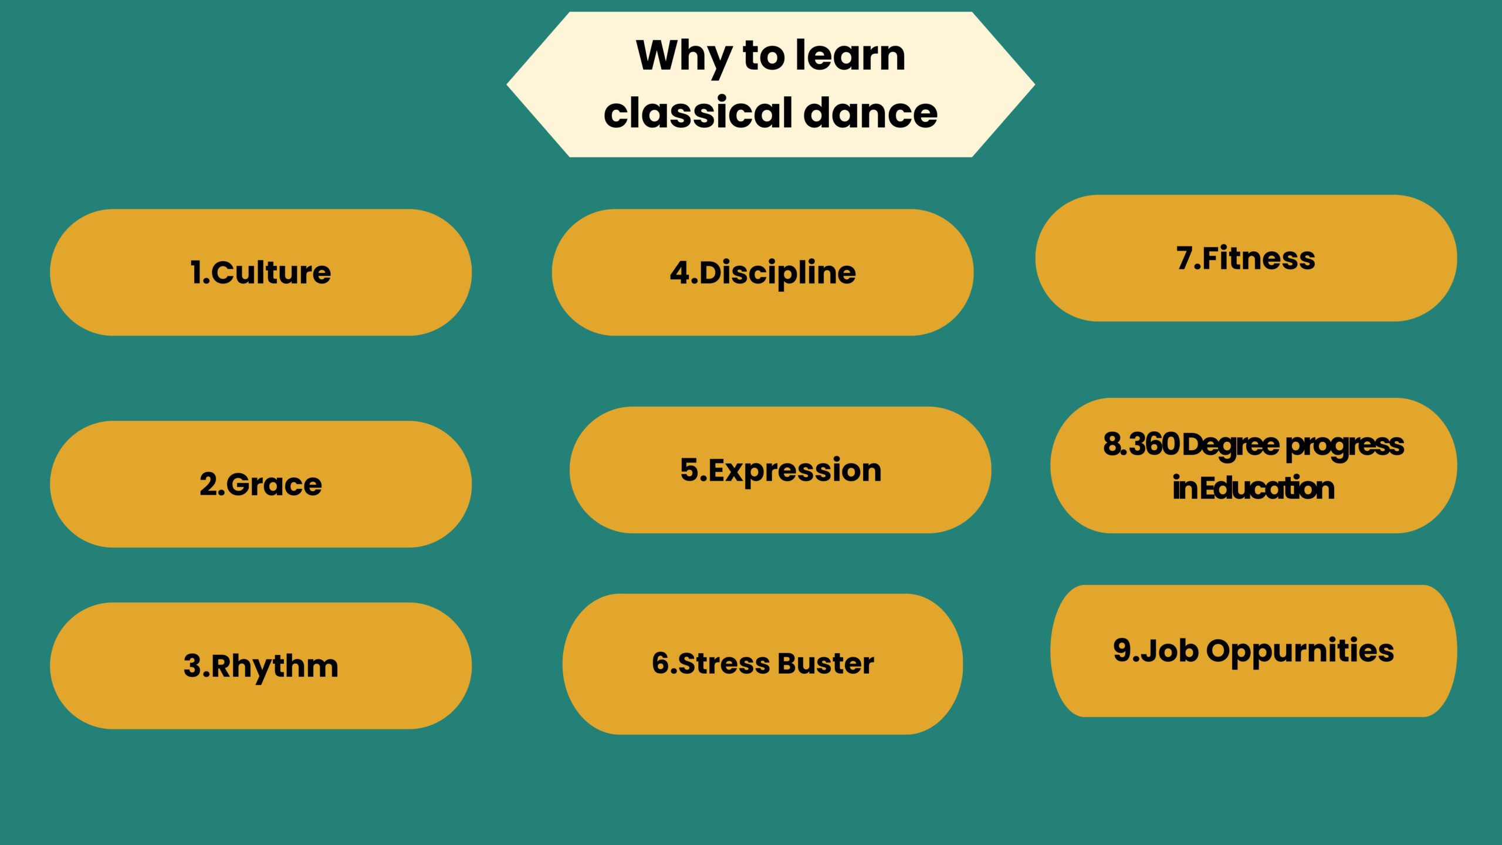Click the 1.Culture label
(261, 272)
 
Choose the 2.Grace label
(261, 485)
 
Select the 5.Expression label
(780, 471)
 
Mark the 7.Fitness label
(1246, 258)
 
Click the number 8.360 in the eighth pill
(1141, 444)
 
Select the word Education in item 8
(1267, 488)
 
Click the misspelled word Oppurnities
(1300, 651)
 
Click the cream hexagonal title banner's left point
(508, 84)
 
